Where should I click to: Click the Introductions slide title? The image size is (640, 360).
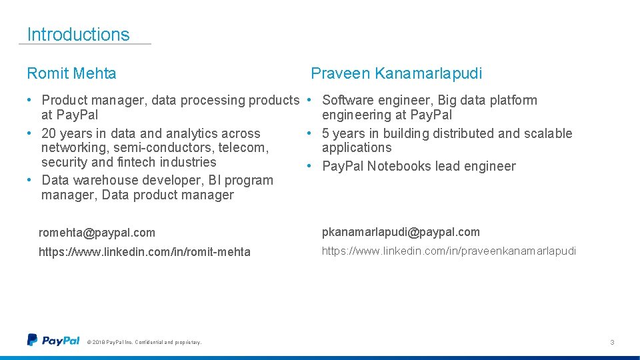(x=78, y=35)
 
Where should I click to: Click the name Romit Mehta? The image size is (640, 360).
(x=71, y=73)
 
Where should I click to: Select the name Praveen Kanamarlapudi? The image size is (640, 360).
(x=396, y=73)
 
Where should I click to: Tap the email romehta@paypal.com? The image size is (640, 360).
(x=97, y=233)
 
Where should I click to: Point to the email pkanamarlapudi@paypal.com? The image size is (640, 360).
(x=401, y=232)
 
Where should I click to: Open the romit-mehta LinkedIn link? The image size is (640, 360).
(x=145, y=252)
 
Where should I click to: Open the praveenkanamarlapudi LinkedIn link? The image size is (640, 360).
(x=449, y=251)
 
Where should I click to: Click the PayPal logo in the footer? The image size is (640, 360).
(x=53, y=341)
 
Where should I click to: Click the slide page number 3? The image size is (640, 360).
(x=611, y=342)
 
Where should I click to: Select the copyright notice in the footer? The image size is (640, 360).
(x=144, y=343)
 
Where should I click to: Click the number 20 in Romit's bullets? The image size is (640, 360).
(x=49, y=133)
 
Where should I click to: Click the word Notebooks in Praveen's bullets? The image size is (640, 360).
(x=399, y=166)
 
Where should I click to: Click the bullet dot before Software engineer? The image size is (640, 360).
(x=309, y=101)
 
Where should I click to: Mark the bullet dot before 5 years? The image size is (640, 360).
(x=309, y=133)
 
